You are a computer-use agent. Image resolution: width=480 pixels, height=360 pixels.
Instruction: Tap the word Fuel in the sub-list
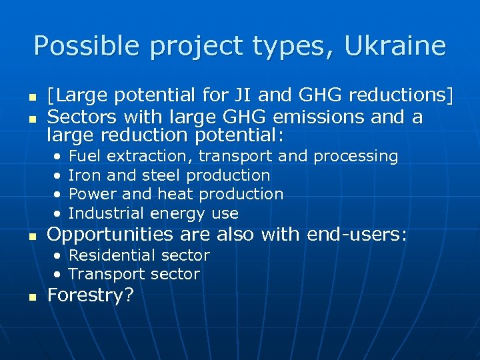click(85, 156)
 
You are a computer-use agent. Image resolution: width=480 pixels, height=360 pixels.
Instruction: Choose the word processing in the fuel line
click(355, 156)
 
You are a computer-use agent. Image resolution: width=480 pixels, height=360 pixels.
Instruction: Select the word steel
click(163, 175)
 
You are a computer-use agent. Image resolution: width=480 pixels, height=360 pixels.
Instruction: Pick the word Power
click(89, 194)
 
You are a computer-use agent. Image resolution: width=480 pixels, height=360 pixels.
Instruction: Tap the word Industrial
click(107, 213)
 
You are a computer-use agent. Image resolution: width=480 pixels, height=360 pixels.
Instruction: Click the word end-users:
click(357, 235)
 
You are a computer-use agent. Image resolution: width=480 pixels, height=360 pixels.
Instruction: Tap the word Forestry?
click(90, 295)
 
